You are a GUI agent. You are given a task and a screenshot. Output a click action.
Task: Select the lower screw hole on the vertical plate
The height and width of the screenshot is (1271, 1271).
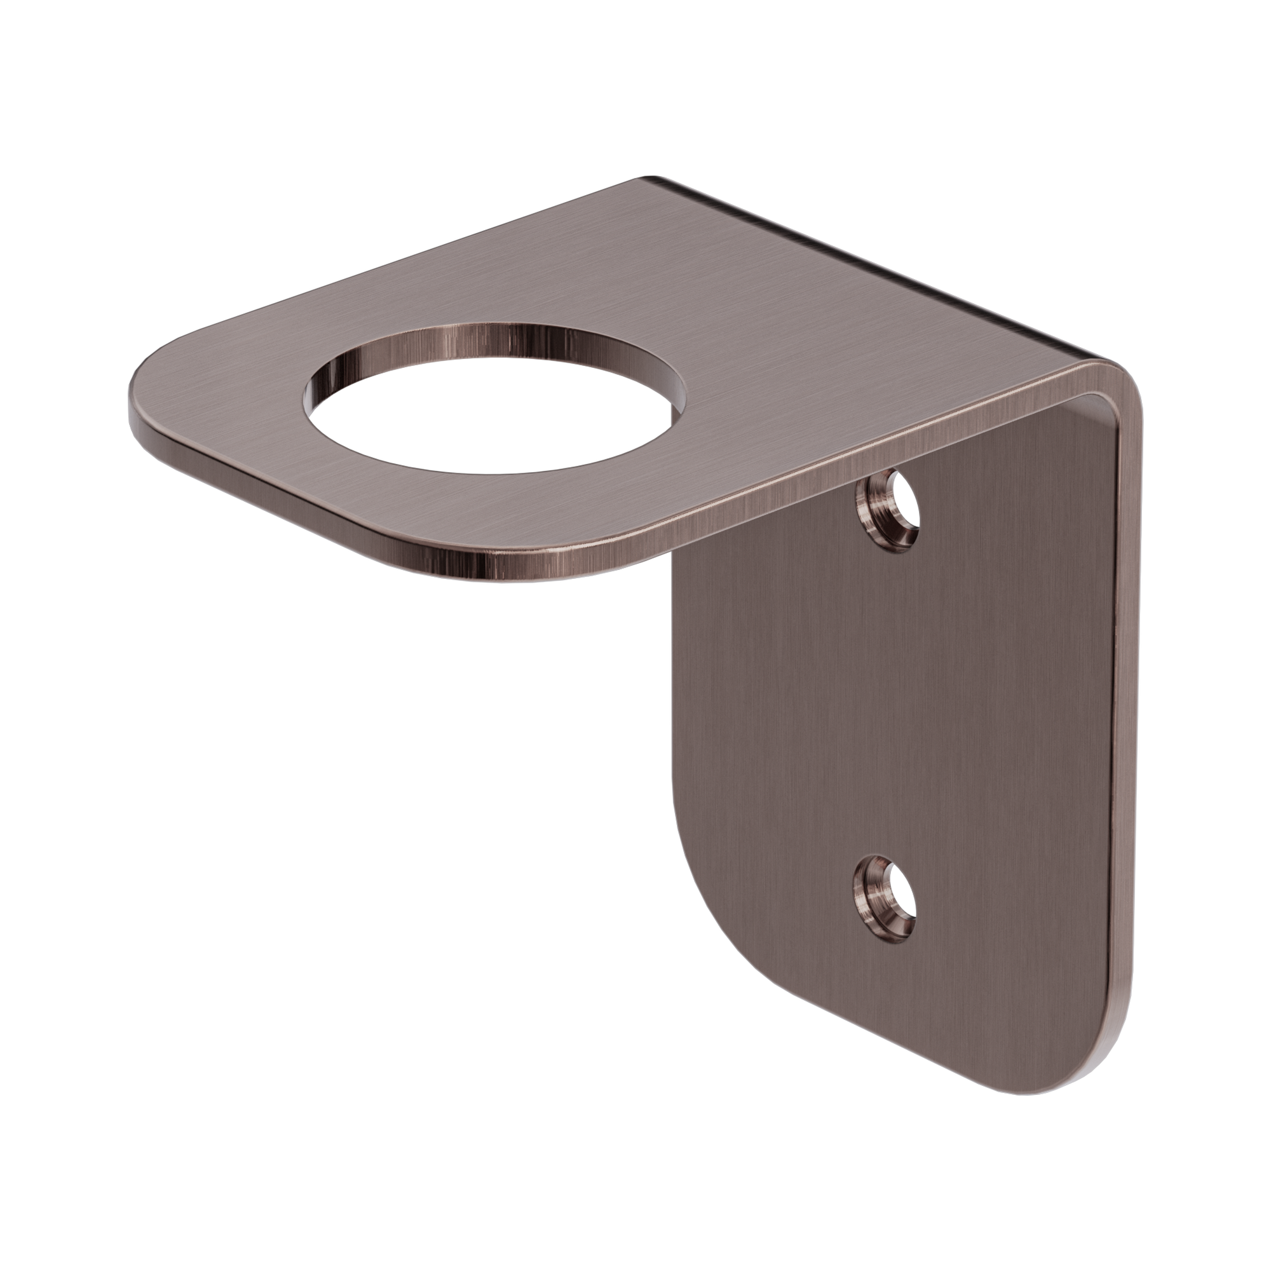[886, 907]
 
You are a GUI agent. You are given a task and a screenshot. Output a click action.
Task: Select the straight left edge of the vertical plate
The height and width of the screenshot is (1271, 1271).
[674, 724]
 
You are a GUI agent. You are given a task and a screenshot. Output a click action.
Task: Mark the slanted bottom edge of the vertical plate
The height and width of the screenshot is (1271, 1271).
[908, 1046]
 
